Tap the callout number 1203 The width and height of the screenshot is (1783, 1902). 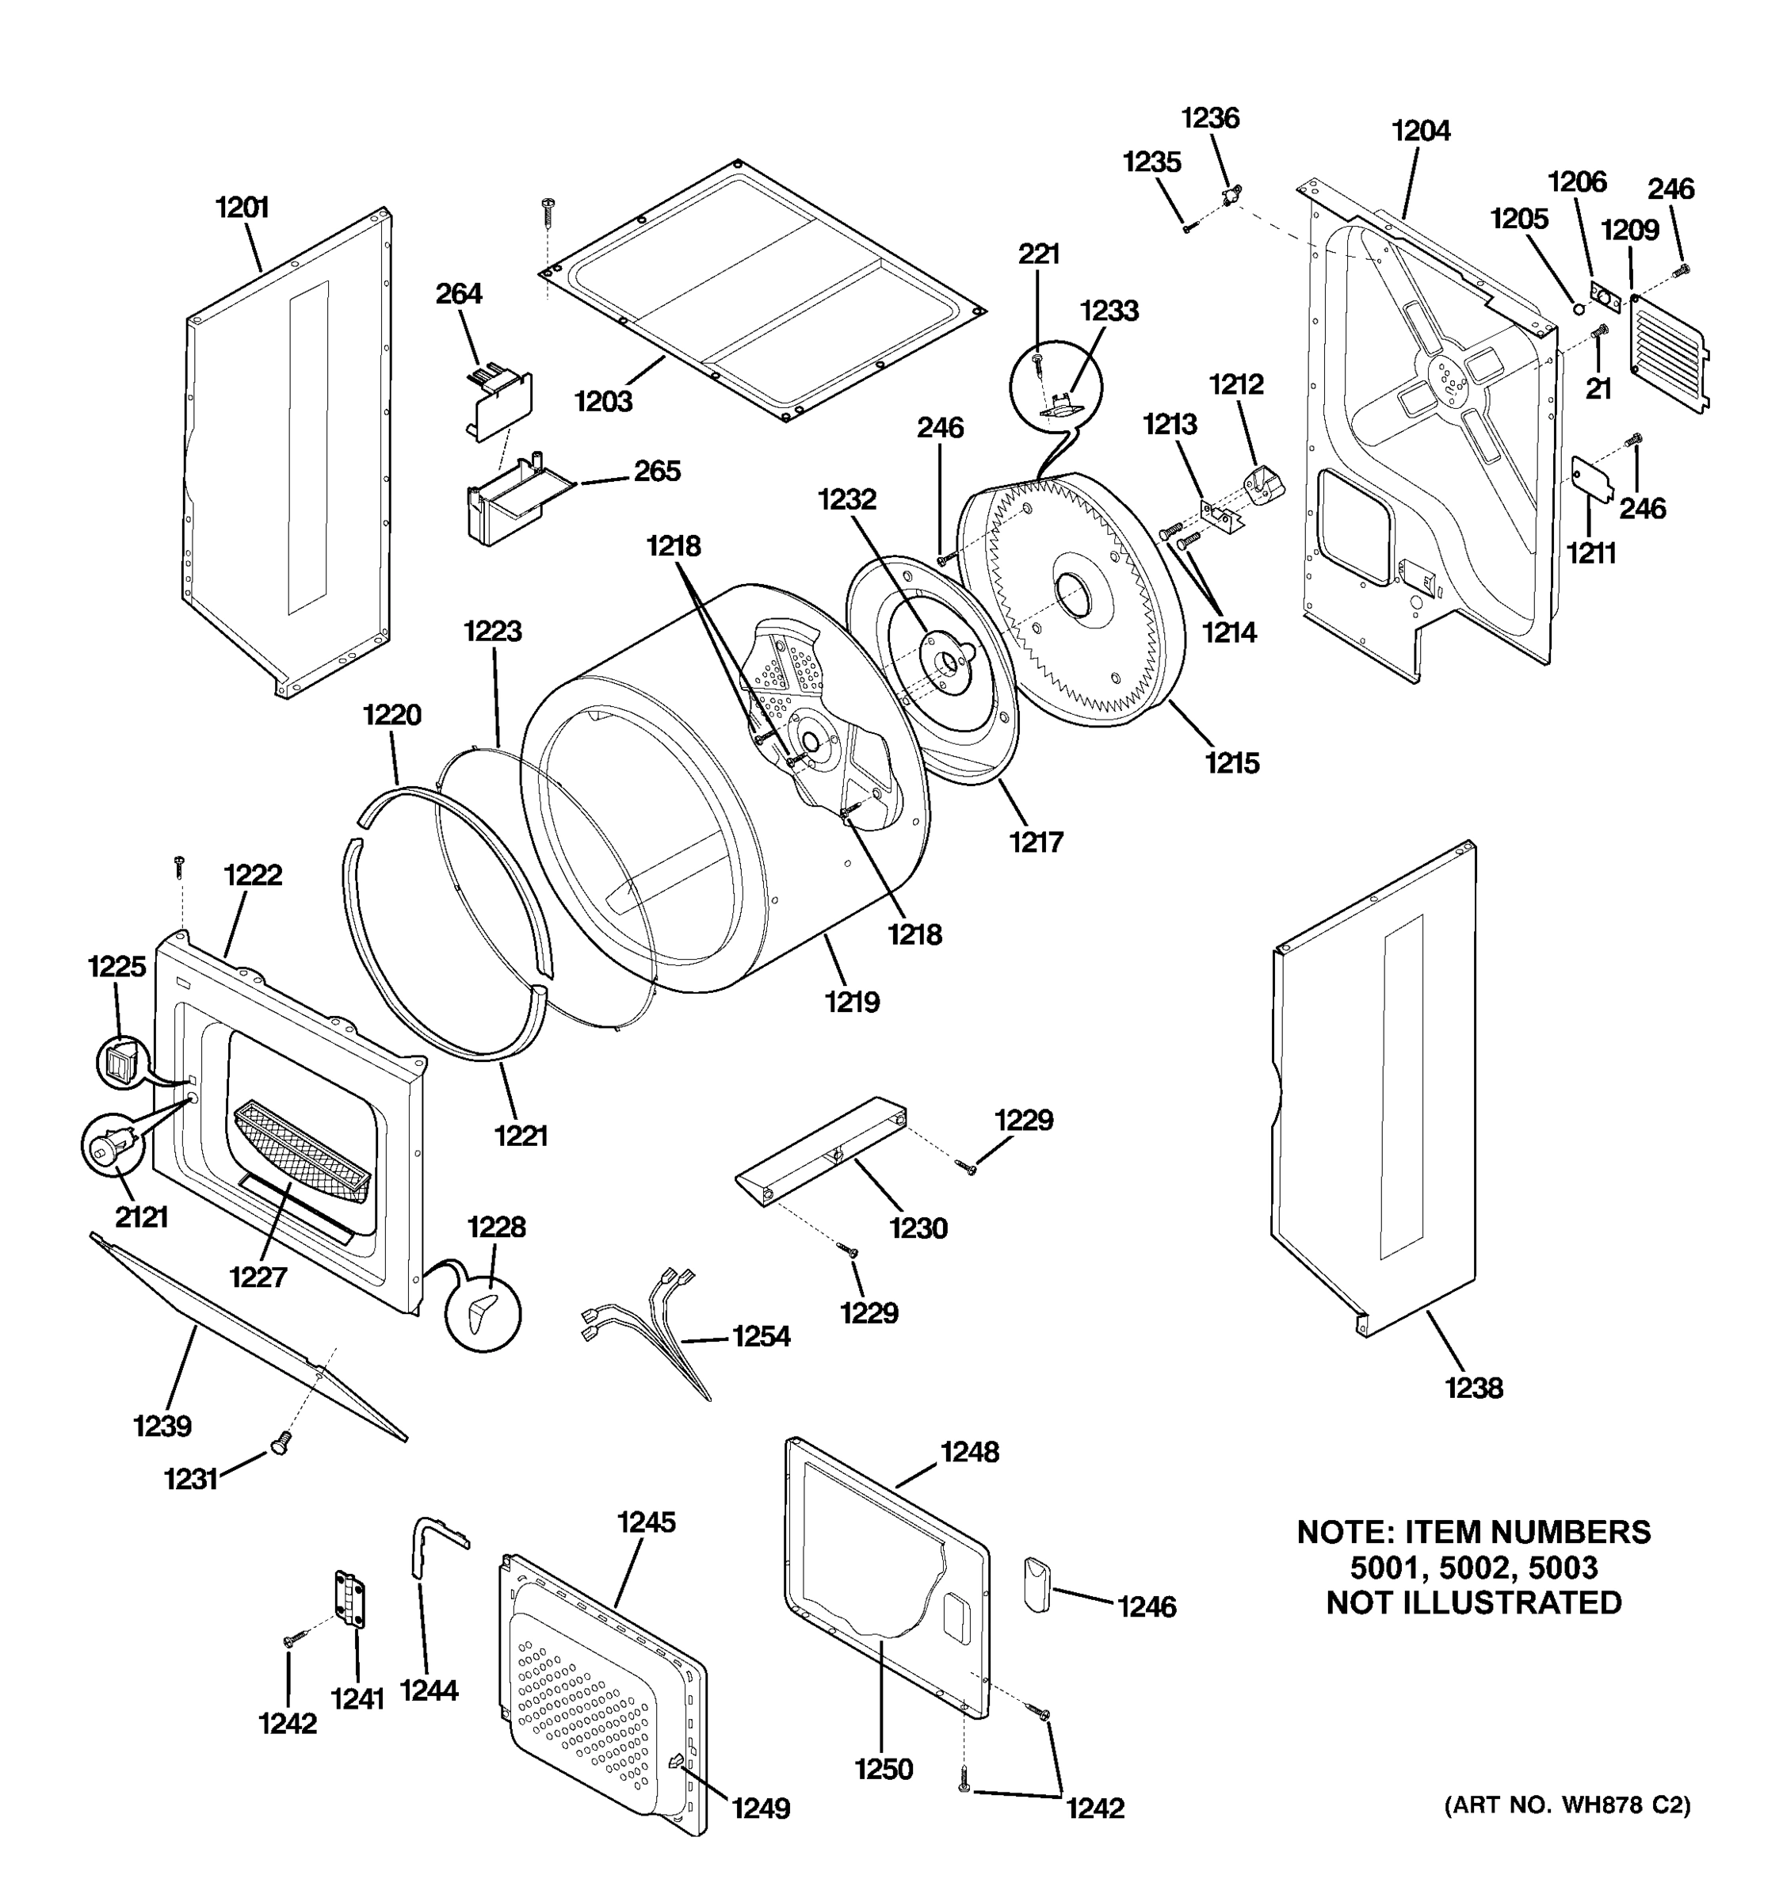click(604, 401)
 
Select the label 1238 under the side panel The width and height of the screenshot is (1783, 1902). click(1473, 1388)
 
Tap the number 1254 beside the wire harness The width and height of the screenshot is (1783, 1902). click(761, 1337)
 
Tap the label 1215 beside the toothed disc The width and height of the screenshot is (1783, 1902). click(1231, 762)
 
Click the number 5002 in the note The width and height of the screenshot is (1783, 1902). click(1473, 1567)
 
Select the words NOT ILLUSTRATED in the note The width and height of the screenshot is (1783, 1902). click(1473, 1602)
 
